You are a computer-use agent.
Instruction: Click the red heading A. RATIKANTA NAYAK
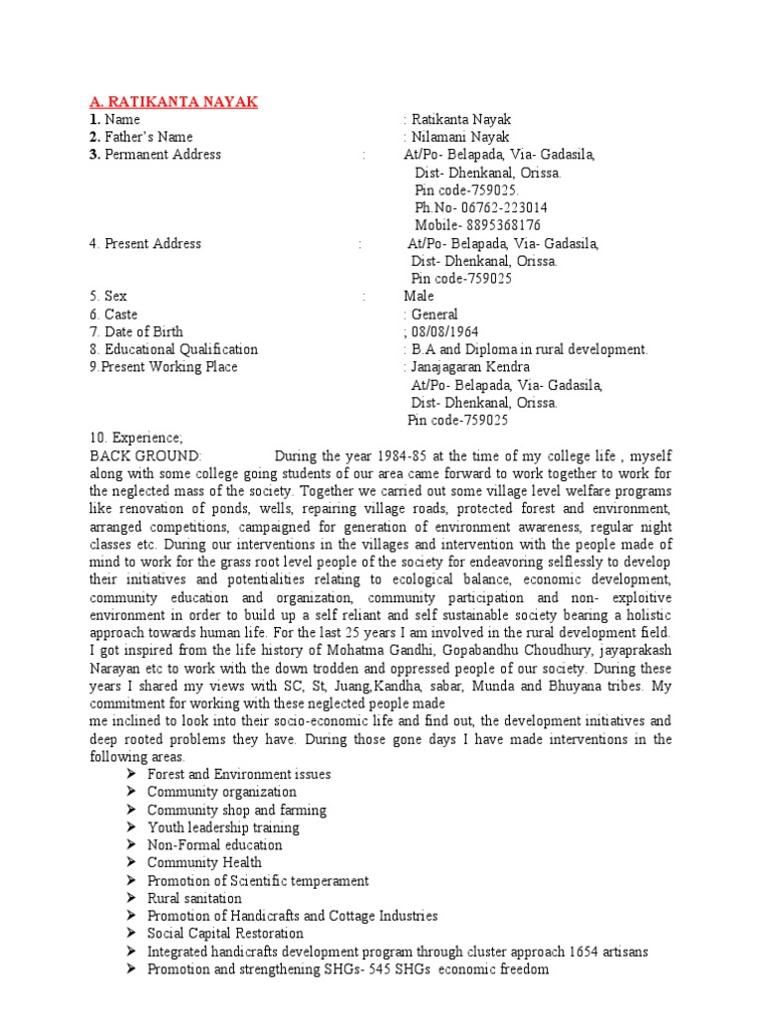(175, 101)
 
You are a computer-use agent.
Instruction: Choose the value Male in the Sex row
(419, 297)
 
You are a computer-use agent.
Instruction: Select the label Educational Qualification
(181, 350)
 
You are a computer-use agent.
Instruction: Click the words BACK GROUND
(145, 456)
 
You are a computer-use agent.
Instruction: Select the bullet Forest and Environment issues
(239, 774)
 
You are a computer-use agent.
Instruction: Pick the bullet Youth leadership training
(223, 827)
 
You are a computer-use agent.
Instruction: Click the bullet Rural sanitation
(194, 899)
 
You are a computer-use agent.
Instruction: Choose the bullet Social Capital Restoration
(225, 934)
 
